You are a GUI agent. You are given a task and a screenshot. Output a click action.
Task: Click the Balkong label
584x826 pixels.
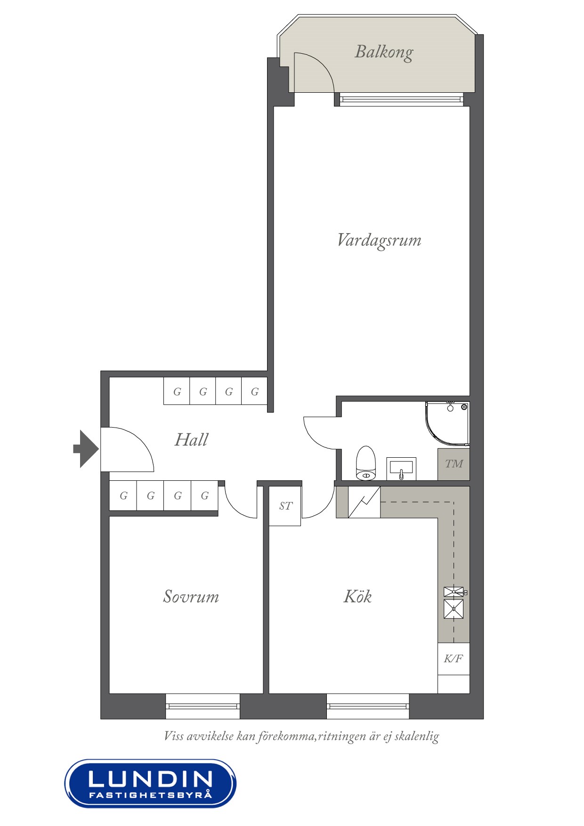point(384,52)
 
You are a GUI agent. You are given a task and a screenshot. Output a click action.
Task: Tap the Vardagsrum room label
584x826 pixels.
point(379,240)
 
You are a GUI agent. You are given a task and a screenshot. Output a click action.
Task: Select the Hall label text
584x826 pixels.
point(191,440)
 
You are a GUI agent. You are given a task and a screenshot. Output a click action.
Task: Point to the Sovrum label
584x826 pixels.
point(191,597)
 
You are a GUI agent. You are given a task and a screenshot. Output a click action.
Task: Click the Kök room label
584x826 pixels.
point(357,597)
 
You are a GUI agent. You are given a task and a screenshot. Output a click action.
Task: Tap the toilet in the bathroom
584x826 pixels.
point(365,464)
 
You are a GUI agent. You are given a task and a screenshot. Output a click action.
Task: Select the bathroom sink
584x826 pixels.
point(401,468)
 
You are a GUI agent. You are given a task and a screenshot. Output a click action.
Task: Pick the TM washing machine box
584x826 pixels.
point(454,464)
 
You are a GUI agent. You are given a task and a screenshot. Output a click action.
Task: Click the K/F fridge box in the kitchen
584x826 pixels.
point(454,658)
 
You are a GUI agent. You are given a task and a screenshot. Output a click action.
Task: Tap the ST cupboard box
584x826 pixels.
point(285,506)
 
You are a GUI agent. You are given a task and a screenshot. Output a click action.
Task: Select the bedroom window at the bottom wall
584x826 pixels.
point(203,706)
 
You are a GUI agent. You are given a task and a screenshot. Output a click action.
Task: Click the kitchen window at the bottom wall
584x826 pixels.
point(368,706)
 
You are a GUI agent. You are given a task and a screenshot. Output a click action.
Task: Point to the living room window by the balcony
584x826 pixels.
point(401,99)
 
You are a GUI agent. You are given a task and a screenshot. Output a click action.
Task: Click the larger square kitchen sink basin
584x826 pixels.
point(454,609)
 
